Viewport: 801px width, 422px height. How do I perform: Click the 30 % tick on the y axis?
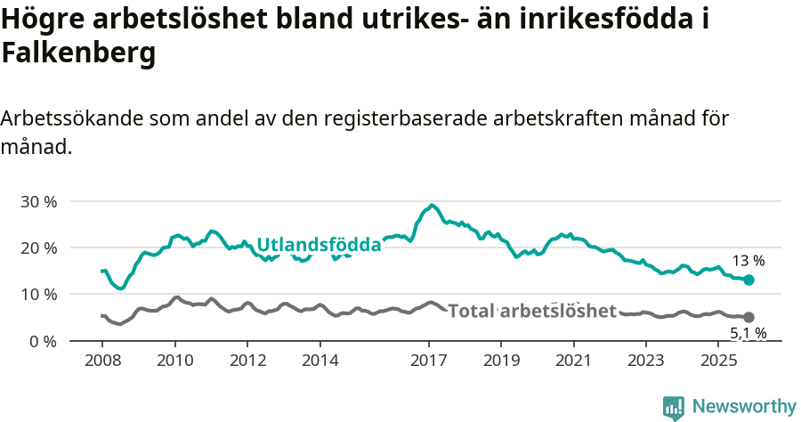tap(38, 201)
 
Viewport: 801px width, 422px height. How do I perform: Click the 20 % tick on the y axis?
tap(38, 248)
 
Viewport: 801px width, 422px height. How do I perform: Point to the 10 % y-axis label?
tap(38, 294)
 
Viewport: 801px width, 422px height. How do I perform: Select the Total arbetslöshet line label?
tap(532, 311)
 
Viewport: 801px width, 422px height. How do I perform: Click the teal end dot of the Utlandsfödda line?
tap(748, 280)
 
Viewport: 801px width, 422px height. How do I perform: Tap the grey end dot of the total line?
tap(748, 317)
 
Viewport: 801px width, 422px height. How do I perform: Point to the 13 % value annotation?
tap(748, 261)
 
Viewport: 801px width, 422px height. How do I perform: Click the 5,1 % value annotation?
tap(748, 334)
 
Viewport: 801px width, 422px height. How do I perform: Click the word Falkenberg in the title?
tap(78, 53)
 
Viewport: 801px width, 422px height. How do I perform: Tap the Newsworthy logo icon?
tap(674, 407)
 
